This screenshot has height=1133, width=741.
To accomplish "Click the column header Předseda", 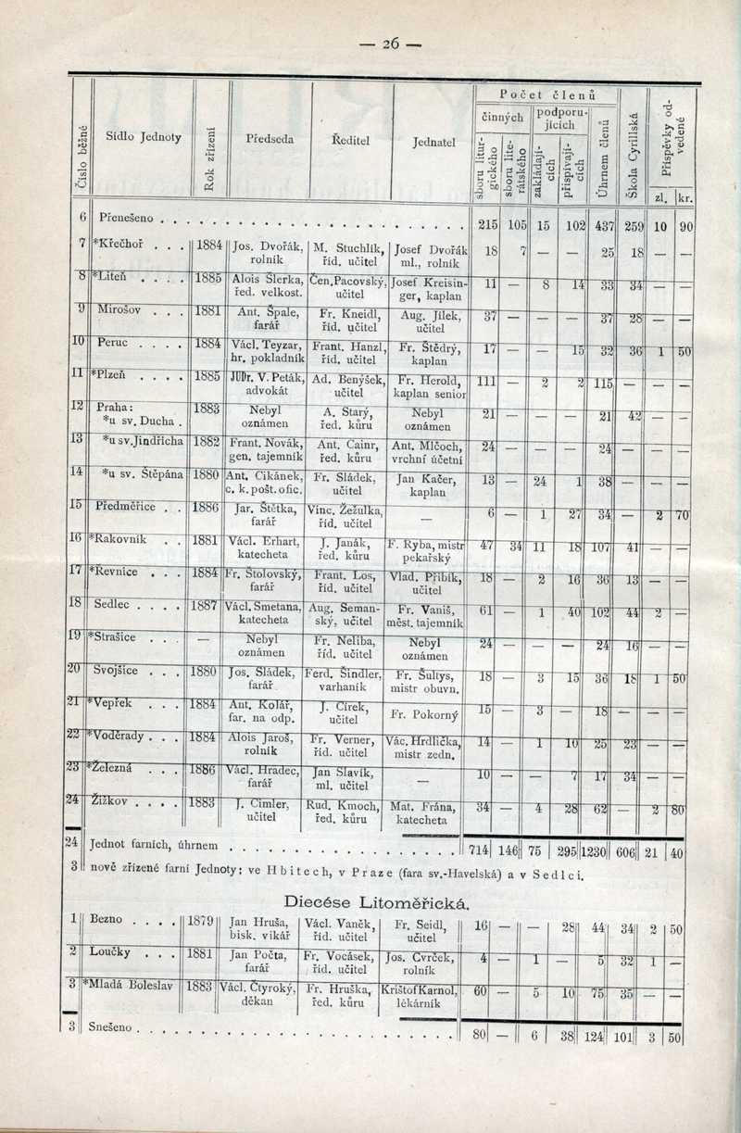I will [x=270, y=138].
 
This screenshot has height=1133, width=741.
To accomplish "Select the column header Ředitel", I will [x=351, y=138].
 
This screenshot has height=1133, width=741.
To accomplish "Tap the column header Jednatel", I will [x=433, y=144].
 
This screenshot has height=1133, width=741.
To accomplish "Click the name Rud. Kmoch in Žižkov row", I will [x=345, y=803].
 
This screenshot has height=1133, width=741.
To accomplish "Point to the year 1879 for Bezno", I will [x=201, y=922].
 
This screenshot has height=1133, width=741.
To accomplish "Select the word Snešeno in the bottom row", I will [x=112, y=1027].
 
